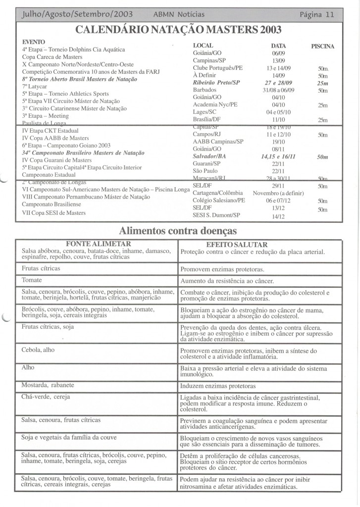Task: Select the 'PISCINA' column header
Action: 322,47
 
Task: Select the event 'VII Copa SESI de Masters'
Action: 54,213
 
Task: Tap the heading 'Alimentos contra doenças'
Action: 178,231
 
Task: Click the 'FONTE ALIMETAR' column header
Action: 98,244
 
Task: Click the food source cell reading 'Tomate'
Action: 31,280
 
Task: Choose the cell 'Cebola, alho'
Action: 38,349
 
